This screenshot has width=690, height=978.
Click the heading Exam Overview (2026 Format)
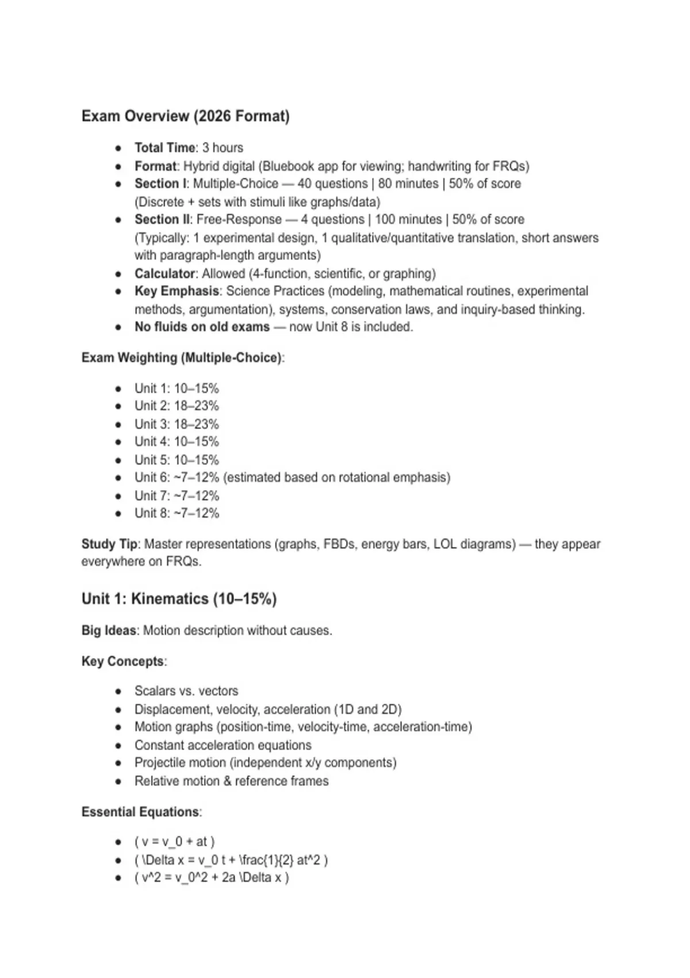point(185,116)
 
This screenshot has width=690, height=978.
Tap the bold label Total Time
point(164,148)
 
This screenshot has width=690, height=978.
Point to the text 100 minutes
point(408,219)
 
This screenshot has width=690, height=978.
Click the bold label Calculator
point(164,273)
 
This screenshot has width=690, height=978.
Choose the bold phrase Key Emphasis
point(177,291)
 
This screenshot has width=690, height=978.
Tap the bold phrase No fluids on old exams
point(202,327)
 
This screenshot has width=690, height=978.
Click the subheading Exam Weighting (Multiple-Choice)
point(182,357)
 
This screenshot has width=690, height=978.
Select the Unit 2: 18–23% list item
point(177,406)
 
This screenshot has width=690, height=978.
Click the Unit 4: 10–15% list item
point(177,441)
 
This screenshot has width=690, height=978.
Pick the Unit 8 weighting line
point(177,513)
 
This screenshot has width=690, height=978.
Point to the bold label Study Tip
point(109,544)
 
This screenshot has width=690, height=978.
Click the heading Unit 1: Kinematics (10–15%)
point(179,599)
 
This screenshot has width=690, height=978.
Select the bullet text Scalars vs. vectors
point(186,690)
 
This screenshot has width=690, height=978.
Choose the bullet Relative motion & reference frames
point(231,781)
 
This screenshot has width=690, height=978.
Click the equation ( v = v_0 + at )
point(174,842)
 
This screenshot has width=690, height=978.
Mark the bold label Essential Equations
point(140,812)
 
